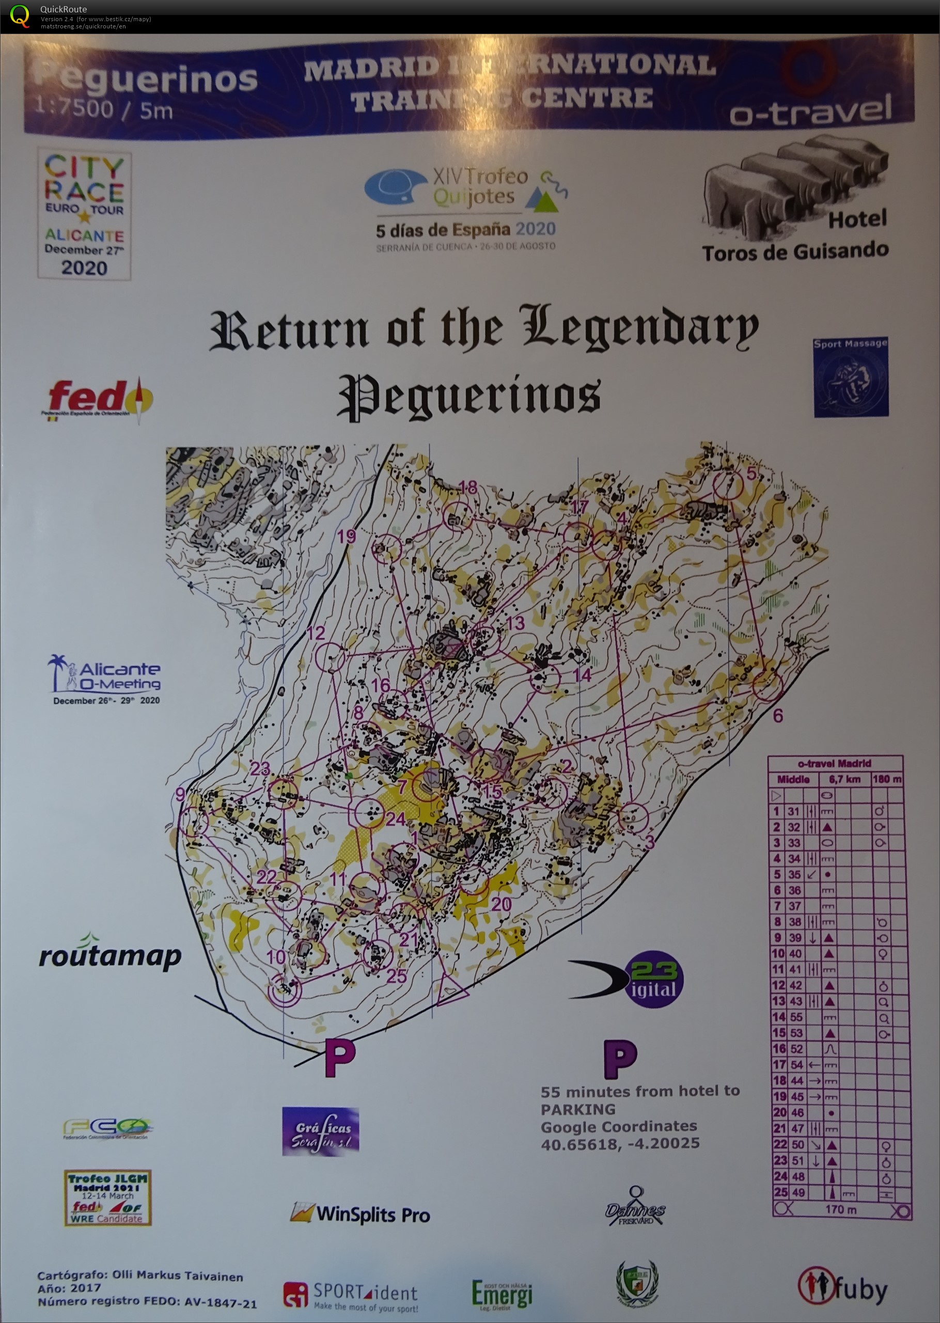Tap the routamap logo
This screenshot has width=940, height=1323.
coord(109,955)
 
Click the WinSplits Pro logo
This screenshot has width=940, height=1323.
coord(360,1213)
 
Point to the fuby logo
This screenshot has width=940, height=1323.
coord(842,1287)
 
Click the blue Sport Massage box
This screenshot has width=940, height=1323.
coord(850,377)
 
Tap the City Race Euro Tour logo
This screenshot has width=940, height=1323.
coord(85,215)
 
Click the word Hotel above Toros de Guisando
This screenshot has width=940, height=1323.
coord(857,219)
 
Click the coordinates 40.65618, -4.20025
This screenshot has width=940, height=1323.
coord(620,1144)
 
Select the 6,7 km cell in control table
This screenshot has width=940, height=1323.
coord(844,780)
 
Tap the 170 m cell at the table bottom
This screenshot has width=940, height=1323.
coord(840,1209)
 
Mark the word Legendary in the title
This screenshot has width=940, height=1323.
coord(639,328)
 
